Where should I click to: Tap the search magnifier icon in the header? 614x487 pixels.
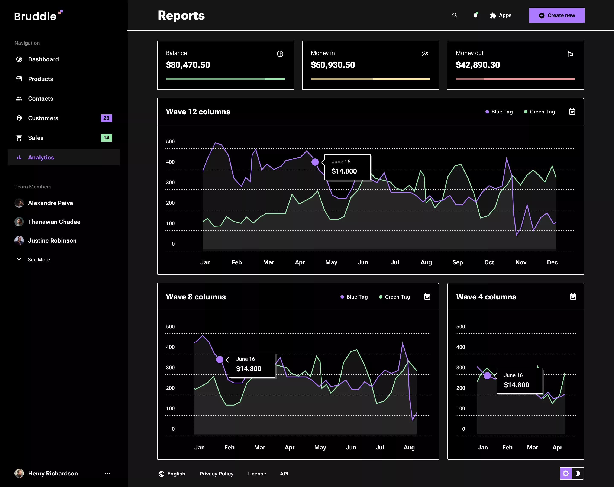[x=455, y=15]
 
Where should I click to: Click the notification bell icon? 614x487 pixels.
[x=475, y=15]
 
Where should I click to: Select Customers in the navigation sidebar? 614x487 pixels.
[x=43, y=118]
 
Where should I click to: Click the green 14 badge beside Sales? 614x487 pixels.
[x=106, y=138]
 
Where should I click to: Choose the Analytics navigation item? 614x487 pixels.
[x=41, y=158]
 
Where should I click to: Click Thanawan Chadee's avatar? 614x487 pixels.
[x=19, y=222]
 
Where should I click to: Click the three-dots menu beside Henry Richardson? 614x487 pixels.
[x=107, y=473]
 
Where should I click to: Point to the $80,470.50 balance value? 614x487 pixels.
[x=188, y=65]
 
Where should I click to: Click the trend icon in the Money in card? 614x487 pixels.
[x=425, y=54]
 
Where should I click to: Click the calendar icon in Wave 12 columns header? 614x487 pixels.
[x=572, y=112]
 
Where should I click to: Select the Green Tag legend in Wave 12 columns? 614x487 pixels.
[x=539, y=112]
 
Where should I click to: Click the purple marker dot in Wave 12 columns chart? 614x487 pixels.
[x=315, y=162]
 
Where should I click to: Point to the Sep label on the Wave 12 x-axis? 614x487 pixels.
[x=457, y=262]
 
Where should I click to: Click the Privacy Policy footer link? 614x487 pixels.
[x=216, y=474]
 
